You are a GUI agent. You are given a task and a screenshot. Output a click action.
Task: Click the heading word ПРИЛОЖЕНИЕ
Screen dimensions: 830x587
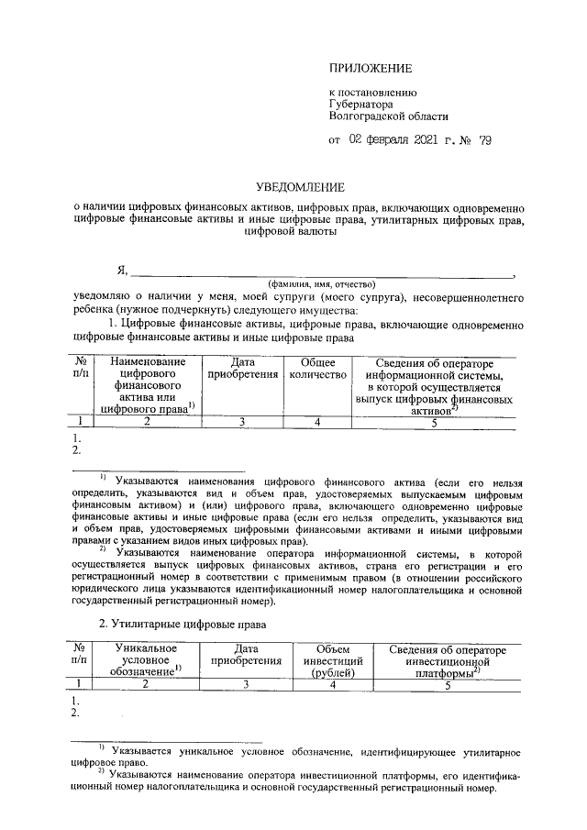(371, 68)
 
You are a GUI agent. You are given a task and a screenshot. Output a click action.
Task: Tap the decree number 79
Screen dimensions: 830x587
(484, 140)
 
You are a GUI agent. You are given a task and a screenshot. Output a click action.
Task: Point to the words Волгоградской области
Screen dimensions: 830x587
(389, 116)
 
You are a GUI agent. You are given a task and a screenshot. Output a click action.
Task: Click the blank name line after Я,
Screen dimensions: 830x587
(321, 271)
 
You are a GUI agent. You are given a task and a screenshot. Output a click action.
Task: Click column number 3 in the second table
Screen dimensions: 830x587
(245, 683)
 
